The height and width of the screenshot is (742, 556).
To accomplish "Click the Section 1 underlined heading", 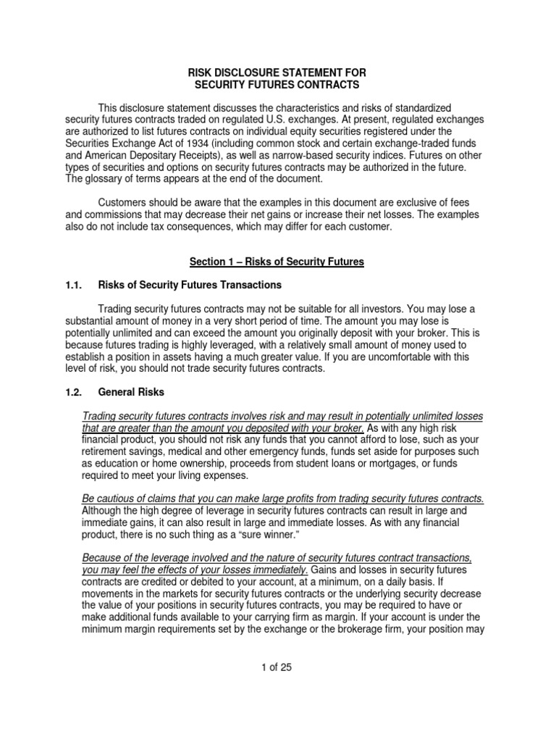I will (x=277, y=262).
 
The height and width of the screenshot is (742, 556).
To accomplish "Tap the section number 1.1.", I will (x=75, y=285).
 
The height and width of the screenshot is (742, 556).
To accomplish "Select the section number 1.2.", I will (x=75, y=392).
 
